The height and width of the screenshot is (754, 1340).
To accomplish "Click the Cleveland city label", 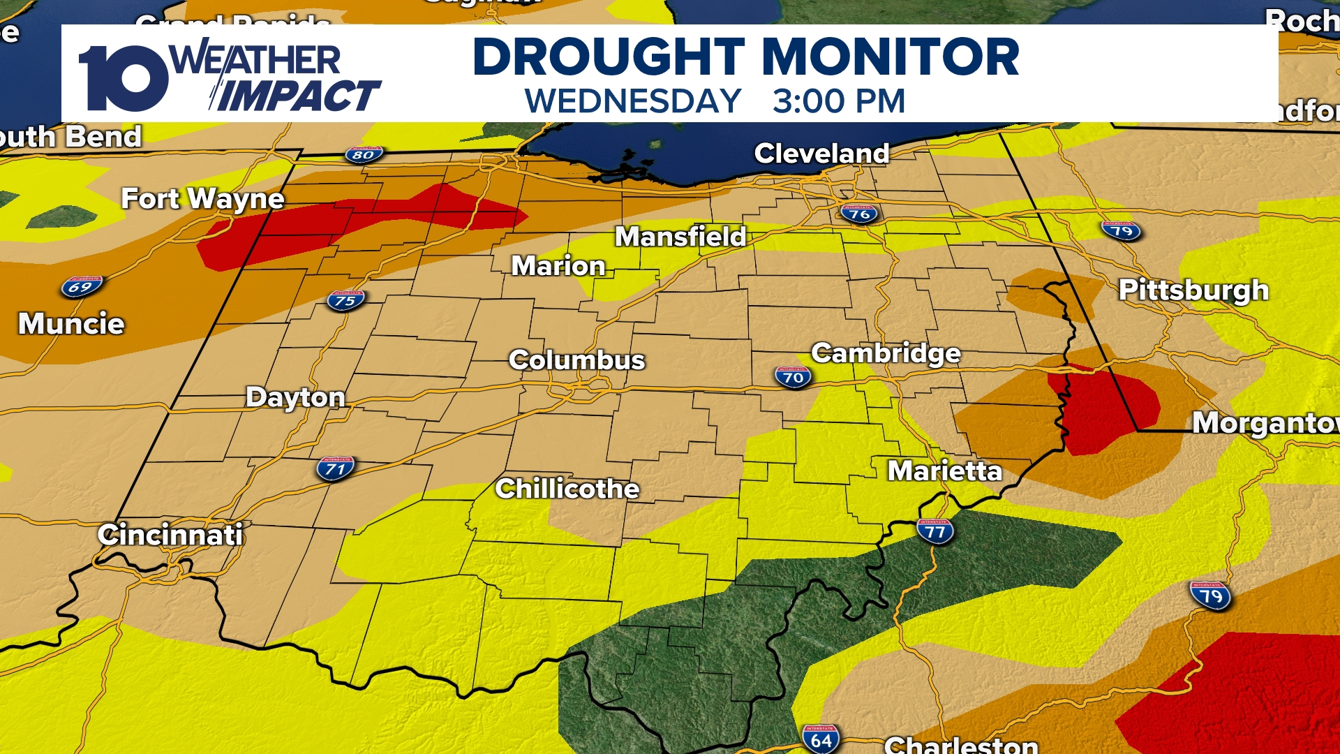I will (x=821, y=154).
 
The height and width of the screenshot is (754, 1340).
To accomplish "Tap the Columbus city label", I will (x=576, y=360).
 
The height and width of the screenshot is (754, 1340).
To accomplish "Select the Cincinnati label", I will (x=170, y=535).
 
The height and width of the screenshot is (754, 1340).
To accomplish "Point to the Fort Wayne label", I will (x=202, y=199).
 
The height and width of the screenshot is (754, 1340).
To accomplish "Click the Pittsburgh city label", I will (x=1193, y=290).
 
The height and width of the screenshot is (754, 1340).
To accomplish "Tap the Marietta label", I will (x=944, y=471).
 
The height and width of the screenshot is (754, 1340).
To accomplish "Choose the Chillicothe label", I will (x=567, y=489).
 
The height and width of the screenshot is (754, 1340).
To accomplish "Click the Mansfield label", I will (x=680, y=237).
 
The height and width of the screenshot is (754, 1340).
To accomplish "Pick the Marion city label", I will (x=558, y=266).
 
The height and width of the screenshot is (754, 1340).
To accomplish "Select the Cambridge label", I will (x=886, y=353).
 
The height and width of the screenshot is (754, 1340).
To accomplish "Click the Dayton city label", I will (x=295, y=397).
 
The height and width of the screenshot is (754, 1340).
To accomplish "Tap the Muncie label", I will (x=71, y=324).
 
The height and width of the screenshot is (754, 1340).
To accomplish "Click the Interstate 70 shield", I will (x=793, y=377).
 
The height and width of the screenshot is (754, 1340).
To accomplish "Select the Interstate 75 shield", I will (x=345, y=301).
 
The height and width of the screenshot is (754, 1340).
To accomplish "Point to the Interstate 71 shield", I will (x=336, y=468).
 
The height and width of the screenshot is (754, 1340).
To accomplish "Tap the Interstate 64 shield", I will (x=821, y=739).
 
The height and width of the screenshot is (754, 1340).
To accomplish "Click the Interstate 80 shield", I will (x=364, y=154).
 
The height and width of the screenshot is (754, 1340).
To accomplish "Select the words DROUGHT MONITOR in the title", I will (x=745, y=57).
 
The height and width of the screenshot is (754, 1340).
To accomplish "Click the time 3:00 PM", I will (x=838, y=101).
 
